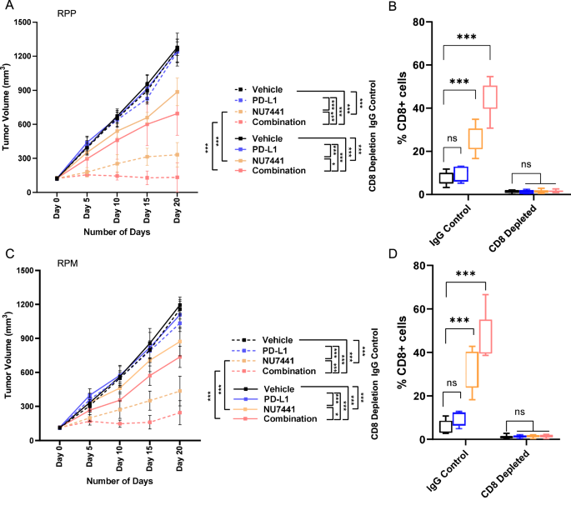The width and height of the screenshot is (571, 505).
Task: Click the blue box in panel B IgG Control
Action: click(x=458, y=174)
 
